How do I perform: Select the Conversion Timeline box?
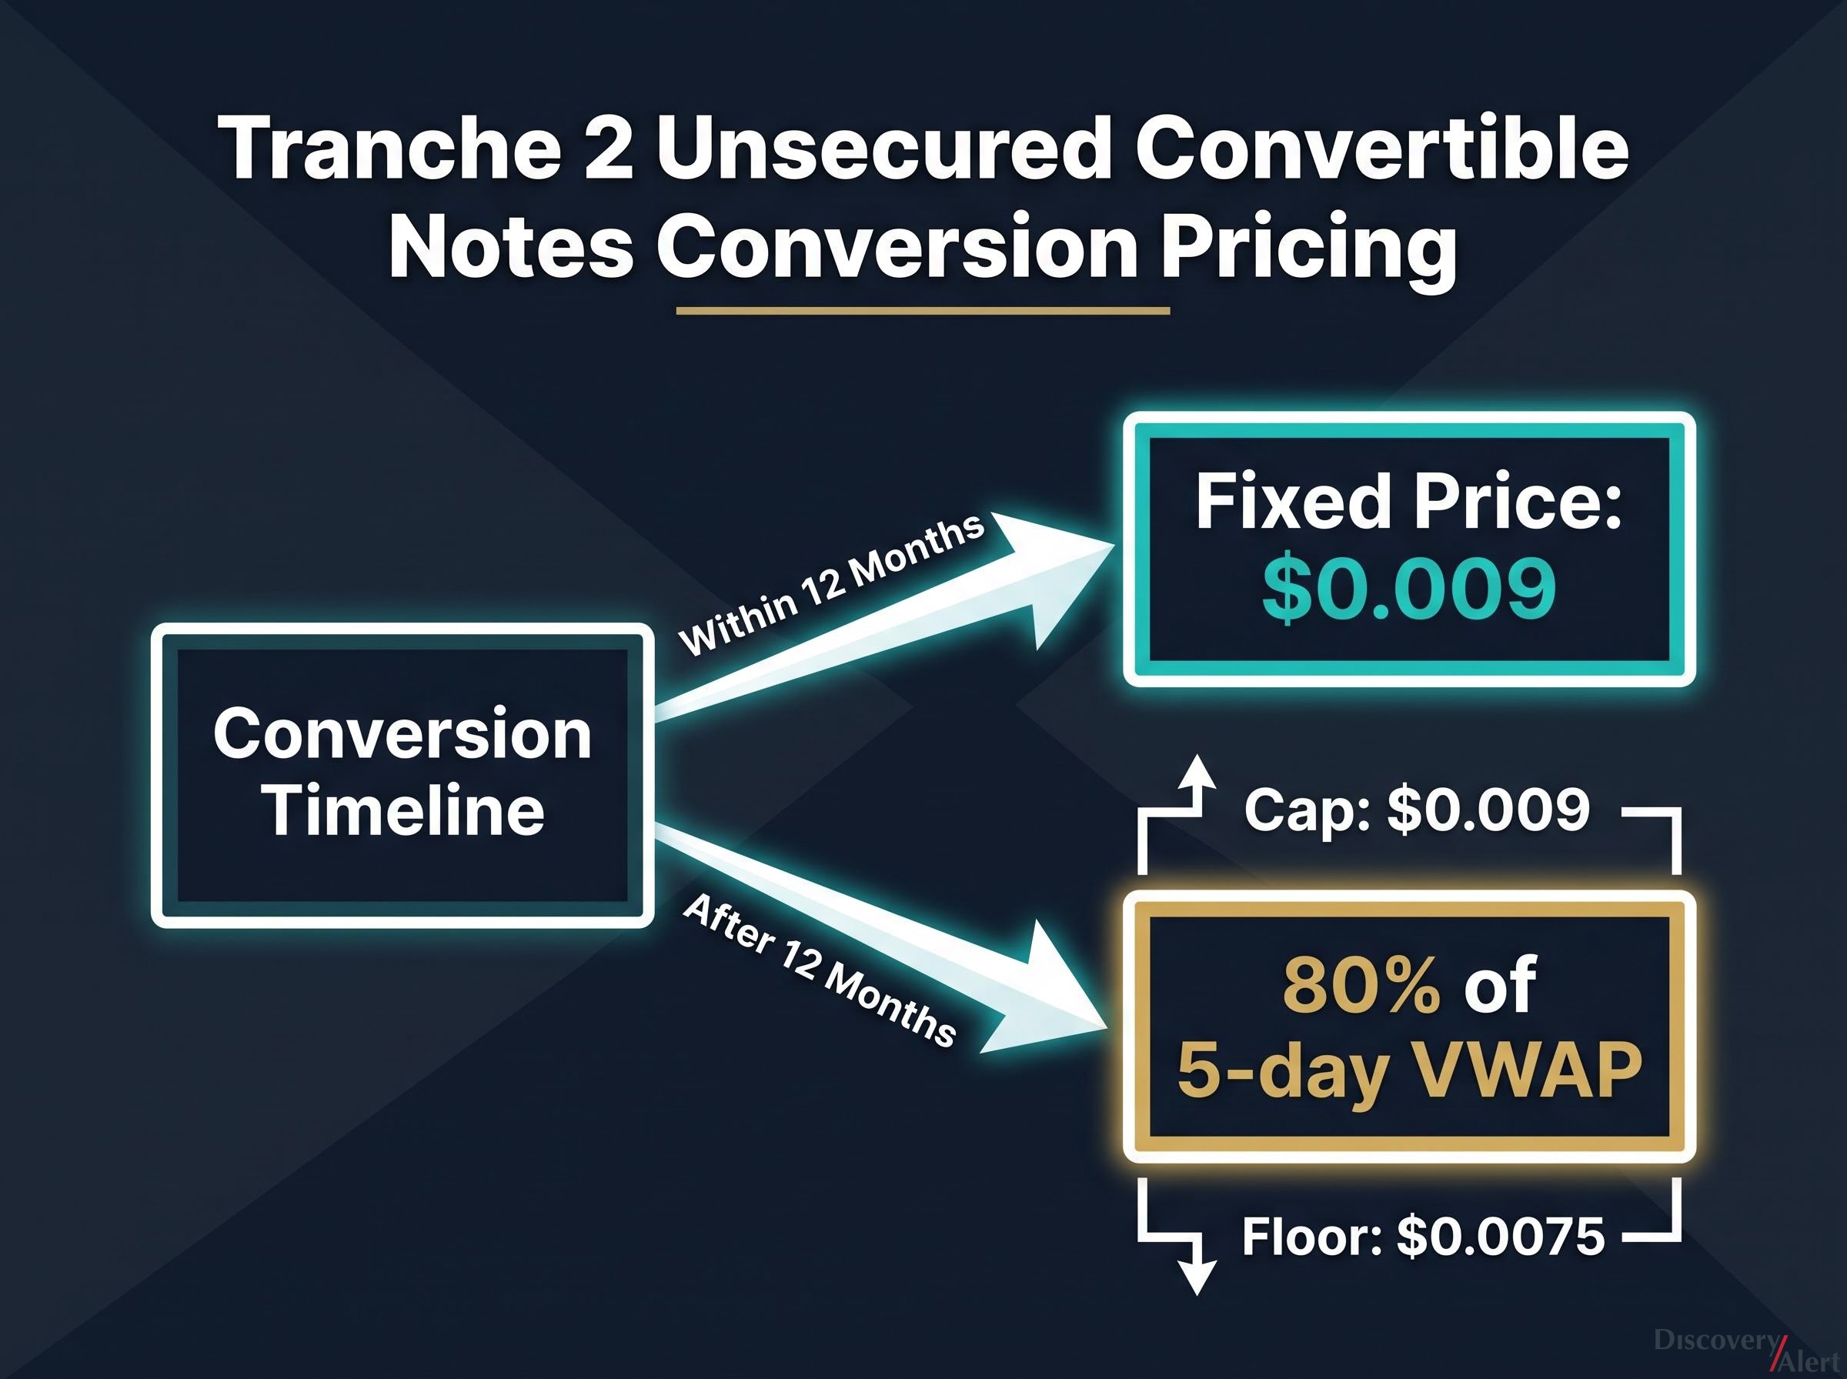click(x=402, y=776)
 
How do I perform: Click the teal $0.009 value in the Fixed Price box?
click(x=1409, y=590)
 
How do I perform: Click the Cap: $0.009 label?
click(x=1417, y=809)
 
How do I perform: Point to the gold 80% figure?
click(x=1361, y=986)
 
